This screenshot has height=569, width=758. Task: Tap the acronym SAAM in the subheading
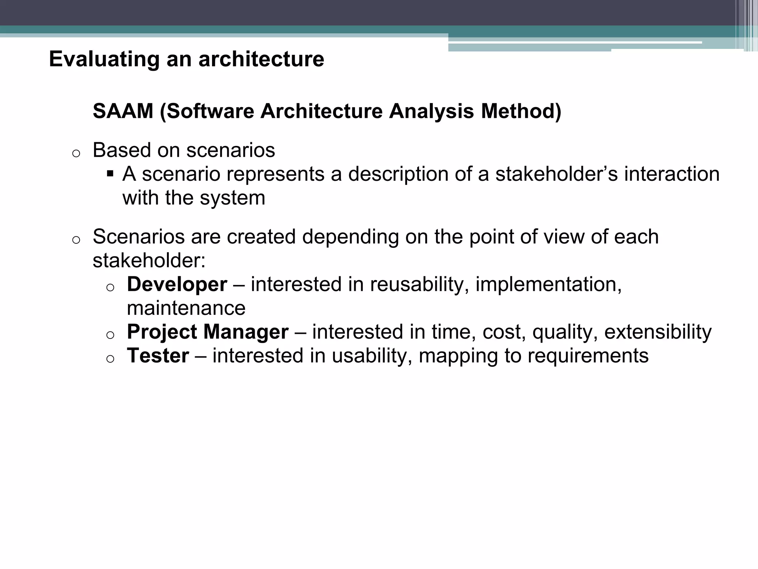pos(123,111)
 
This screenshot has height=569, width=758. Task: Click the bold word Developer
pos(177,284)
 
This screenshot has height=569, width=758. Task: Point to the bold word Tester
pos(158,356)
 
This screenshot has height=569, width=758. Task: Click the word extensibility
pos(658,332)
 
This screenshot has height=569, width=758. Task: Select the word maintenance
pos(186,308)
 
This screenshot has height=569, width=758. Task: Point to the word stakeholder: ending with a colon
pos(149,261)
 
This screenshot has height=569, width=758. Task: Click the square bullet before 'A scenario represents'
pos(110,173)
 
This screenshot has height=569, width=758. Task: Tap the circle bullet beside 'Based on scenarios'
pos(76,153)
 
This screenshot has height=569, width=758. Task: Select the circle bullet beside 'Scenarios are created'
pos(76,240)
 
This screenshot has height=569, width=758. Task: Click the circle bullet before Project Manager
pos(110,335)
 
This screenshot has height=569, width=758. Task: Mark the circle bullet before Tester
pos(110,359)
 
